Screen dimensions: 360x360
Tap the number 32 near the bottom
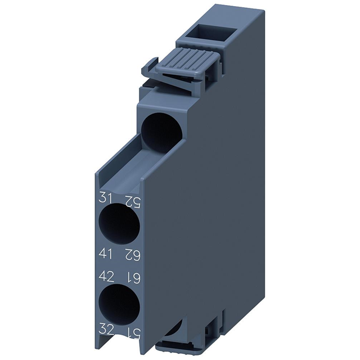coord(105,327)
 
